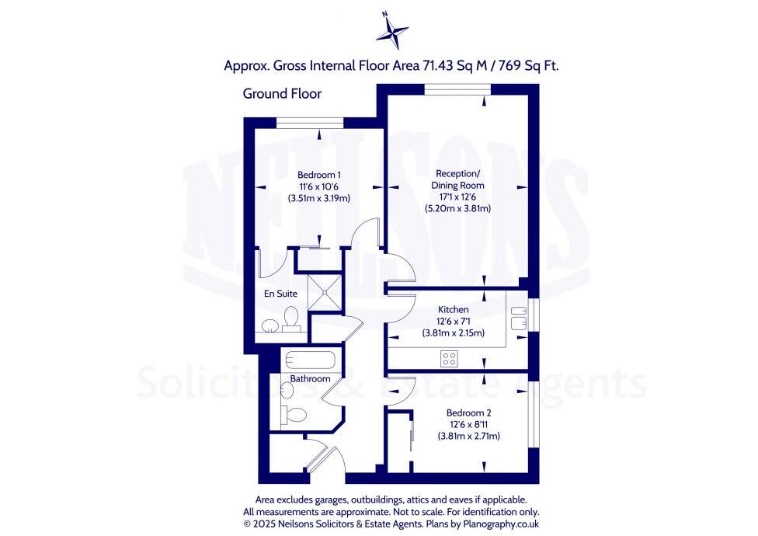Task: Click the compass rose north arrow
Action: (x=392, y=31)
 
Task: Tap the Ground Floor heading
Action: (x=282, y=94)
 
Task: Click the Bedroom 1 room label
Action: (x=318, y=175)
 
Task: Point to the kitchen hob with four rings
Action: (x=449, y=358)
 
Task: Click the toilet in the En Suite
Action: (x=290, y=318)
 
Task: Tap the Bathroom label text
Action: (x=310, y=379)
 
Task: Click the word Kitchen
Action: (x=453, y=309)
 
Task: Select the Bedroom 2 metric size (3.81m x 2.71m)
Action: (x=468, y=437)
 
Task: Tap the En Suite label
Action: (x=280, y=294)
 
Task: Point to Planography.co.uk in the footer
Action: (x=498, y=524)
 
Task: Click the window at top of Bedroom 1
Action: (x=310, y=122)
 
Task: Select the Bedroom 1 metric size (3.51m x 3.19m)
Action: (x=318, y=198)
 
